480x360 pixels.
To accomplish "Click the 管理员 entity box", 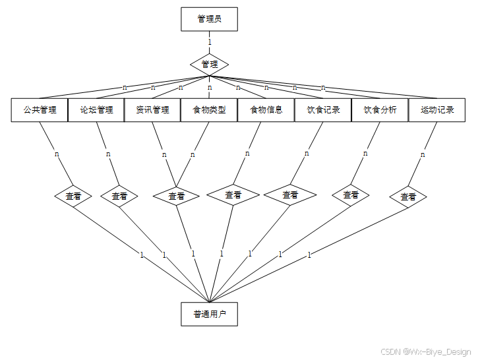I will [209, 19].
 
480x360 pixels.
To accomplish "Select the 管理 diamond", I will [210, 65].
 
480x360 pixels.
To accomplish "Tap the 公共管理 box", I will [40, 110].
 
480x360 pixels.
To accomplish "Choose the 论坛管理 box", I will [96, 110].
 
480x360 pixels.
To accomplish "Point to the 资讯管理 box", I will [152, 110].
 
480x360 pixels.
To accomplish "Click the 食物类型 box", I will [209, 110].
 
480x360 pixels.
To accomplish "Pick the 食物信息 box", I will [266, 110].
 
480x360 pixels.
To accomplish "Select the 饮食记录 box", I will [323, 110].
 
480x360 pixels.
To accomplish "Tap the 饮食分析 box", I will [380, 110].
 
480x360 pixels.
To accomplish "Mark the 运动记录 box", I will [436, 110].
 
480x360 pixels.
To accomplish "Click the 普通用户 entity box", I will [209, 315].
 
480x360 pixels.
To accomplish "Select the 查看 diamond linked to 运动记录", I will [407, 196].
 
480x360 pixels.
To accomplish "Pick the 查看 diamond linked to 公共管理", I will [73, 196].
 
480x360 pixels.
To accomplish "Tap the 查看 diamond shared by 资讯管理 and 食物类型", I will [176, 196].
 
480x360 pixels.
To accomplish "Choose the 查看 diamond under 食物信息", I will [233, 195].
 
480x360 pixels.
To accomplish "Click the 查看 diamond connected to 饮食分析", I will [351, 195].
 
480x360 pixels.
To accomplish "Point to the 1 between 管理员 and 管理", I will [210, 42].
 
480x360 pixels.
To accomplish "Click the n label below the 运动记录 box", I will [423, 155].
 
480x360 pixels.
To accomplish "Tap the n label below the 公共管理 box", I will [57, 154].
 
